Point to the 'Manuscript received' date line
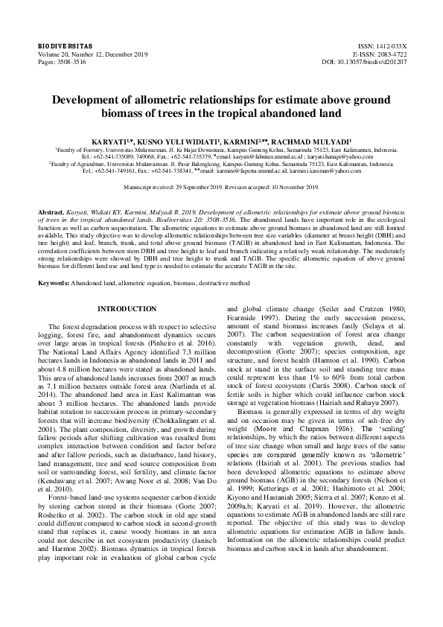(221, 187)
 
